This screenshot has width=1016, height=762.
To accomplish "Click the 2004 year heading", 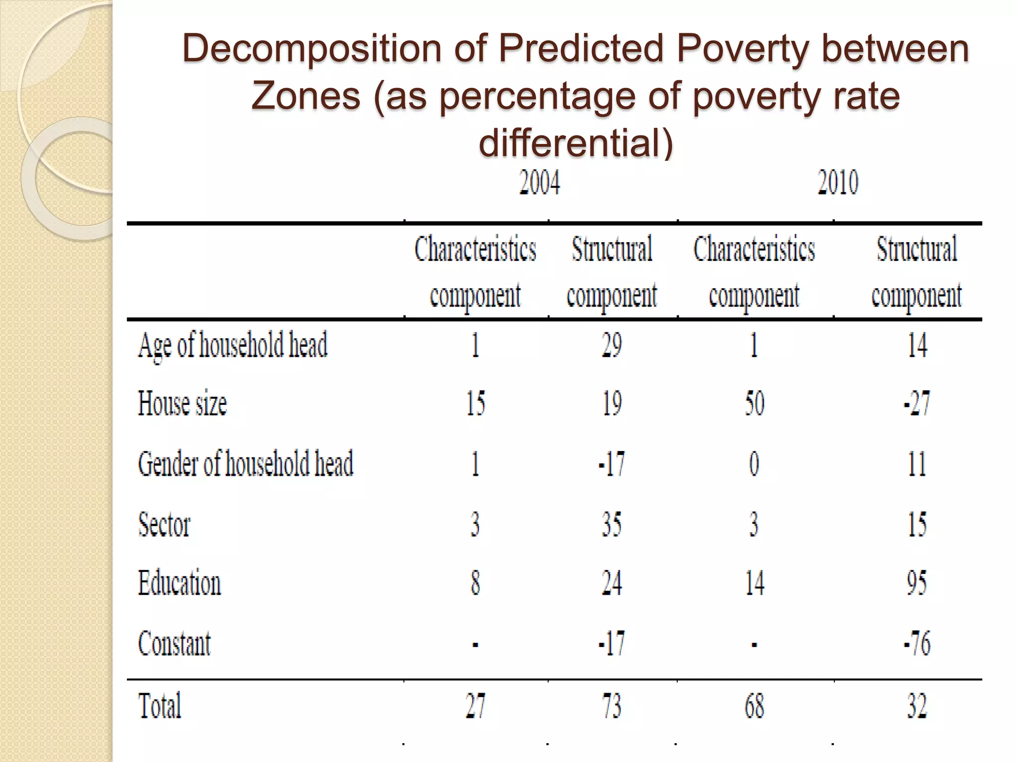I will pos(539,183).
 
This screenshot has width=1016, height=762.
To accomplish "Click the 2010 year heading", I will pos(837,183).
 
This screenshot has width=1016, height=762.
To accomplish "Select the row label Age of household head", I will pos(233,345).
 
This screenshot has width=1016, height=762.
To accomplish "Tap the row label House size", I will pos(182,403).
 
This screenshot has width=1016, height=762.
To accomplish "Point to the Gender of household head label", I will pos(246,464).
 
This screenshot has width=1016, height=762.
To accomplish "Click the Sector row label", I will pos(164,524).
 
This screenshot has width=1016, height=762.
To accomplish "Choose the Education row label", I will pos(179,582).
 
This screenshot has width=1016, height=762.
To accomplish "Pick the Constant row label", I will pos(174,643).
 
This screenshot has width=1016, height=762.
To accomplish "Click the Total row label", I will pos(160,705).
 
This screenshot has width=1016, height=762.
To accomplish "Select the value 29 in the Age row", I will pos(612,345).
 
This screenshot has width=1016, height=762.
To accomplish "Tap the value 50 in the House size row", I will pos(754,403).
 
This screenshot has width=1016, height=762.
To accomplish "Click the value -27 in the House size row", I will pos(916,403).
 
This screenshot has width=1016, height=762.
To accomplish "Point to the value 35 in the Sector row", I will pos(612,524).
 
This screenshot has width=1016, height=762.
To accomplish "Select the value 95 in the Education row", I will pos(916,582).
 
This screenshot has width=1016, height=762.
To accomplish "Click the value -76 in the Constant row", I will pos(916,643).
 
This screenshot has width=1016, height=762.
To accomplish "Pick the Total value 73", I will pos(612,705).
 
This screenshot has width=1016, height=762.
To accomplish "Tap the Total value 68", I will pos(754,705).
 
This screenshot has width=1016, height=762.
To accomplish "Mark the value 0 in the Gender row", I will pos(754,464).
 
